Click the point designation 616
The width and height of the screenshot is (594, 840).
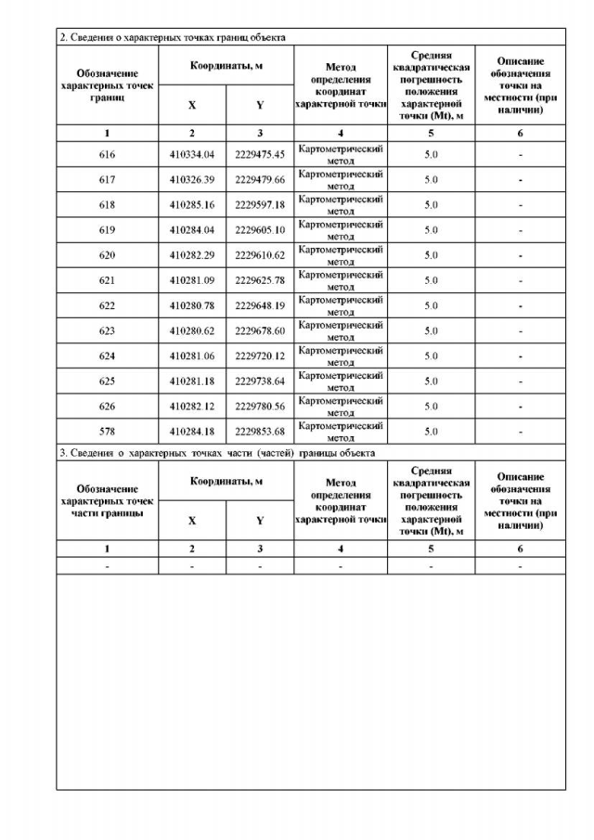pyautogui.click(x=107, y=155)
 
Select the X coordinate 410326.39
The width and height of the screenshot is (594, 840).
pyautogui.click(x=192, y=180)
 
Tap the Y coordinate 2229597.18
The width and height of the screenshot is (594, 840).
pyautogui.click(x=260, y=205)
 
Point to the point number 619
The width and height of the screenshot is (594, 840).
pyautogui.click(x=107, y=230)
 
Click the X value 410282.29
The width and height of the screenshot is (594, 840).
pyautogui.click(x=192, y=255)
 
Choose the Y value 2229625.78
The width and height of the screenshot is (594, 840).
pyautogui.click(x=260, y=280)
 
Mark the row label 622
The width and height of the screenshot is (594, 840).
pyautogui.click(x=107, y=305)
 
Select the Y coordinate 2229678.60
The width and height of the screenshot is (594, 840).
pyautogui.click(x=260, y=330)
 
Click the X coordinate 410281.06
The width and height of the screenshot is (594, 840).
pyautogui.click(x=192, y=355)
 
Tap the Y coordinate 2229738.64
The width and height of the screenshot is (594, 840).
pyautogui.click(x=260, y=381)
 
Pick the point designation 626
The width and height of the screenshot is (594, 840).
pyautogui.click(x=107, y=406)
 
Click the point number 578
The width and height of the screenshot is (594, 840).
pyautogui.click(x=107, y=431)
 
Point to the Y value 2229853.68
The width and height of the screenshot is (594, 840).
pyautogui.click(x=260, y=431)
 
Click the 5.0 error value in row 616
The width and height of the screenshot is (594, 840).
pyautogui.click(x=431, y=155)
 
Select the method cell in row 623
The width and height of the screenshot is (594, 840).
pyautogui.click(x=341, y=330)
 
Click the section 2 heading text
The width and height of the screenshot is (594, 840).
pyautogui.click(x=173, y=38)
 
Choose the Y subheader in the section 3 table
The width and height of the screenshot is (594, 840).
pyautogui.click(x=260, y=521)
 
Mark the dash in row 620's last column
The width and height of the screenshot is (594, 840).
pyautogui.click(x=520, y=255)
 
